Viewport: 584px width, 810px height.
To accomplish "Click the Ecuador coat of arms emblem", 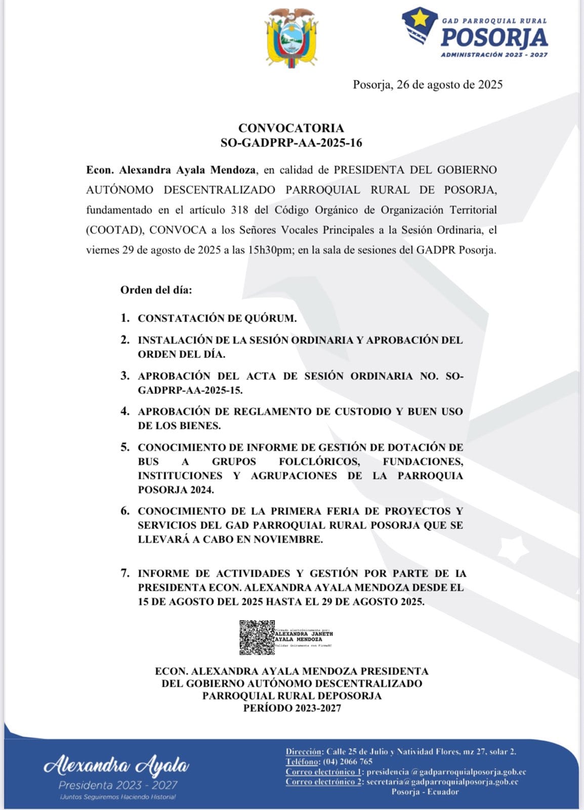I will [x=292, y=38].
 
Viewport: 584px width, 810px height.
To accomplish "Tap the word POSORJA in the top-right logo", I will [x=494, y=38].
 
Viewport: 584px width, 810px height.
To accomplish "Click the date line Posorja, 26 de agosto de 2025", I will [x=427, y=85].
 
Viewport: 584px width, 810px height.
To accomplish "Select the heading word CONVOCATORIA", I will [x=291, y=128].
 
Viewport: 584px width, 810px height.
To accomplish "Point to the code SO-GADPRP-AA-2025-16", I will [x=291, y=143].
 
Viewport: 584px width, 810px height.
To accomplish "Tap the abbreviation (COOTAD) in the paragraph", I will [x=115, y=230].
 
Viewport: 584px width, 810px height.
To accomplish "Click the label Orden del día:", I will [x=156, y=290].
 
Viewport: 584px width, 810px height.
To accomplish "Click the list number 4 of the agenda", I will [x=125, y=411].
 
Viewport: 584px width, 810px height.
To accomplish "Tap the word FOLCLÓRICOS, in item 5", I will [x=319, y=462].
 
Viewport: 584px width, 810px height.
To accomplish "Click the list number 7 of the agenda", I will [x=125, y=573].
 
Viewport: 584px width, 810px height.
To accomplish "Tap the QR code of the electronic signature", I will [x=257, y=638].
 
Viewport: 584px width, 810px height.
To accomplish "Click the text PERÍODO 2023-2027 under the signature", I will [x=292, y=708].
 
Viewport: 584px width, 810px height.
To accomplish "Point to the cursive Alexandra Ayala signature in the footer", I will [x=117, y=766].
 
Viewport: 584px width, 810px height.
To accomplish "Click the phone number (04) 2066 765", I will [x=347, y=761].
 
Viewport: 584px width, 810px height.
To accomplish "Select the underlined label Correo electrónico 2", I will [x=324, y=782].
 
